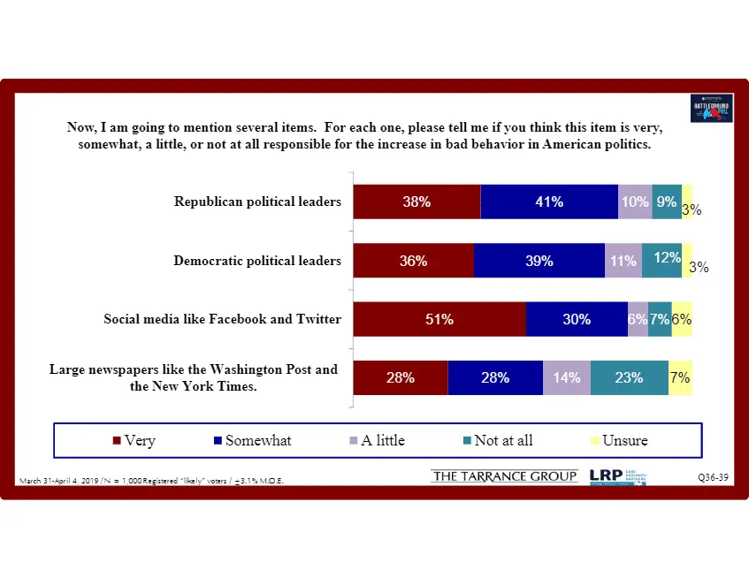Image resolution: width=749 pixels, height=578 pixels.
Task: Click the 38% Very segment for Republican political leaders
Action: click(417, 202)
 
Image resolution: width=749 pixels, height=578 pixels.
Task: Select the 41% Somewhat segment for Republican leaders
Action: click(549, 202)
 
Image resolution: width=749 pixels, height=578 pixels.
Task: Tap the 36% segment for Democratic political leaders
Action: click(413, 261)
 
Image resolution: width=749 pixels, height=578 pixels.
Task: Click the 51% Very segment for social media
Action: click(439, 319)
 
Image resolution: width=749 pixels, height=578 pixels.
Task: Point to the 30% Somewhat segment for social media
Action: click(577, 319)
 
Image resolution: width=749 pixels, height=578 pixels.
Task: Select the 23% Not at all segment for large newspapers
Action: click(629, 377)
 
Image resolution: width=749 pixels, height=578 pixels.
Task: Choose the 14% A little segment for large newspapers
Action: click(567, 377)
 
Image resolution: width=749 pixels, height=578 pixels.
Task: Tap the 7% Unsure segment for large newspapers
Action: click(680, 377)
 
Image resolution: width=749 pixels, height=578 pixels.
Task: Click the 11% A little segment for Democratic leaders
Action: click(623, 261)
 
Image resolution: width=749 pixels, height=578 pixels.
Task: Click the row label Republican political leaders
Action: click(257, 202)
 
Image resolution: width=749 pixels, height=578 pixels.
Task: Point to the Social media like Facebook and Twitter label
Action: click(222, 318)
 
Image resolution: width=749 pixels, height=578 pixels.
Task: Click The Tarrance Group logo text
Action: click(504, 477)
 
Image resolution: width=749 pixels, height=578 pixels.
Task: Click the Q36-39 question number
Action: click(714, 478)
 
